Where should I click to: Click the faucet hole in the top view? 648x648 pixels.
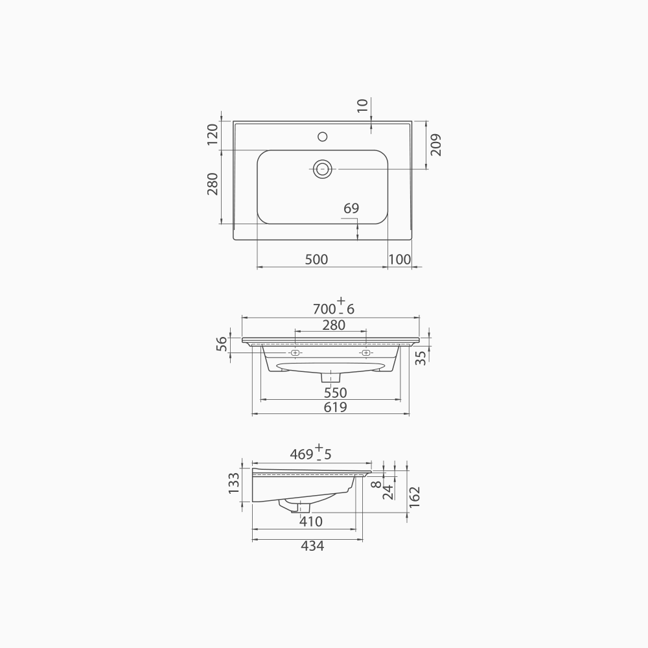tap(322, 137)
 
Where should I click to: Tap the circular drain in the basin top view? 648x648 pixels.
tap(323, 168)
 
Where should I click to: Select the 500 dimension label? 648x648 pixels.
tap(316, 259)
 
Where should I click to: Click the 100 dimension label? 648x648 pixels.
tap(400, 259)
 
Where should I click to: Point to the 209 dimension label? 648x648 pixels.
tap(435, 144)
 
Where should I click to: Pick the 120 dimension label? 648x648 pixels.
tap(212, 135)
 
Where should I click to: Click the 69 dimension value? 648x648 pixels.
tap(351, 208)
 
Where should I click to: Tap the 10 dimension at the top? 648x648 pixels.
tap(362, 105)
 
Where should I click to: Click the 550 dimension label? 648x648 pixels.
tap(336, 393)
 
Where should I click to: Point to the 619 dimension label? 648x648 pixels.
tap(336, 408)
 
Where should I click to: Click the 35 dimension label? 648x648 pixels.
tap(421, 358)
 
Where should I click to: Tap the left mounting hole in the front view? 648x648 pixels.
tap(295, 353)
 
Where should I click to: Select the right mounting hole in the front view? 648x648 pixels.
tap(366, 353)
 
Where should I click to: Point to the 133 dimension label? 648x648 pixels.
tap(235, 483)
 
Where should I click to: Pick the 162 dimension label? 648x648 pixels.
tap(415, 498)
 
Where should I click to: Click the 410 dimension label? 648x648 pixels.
tap(311, 521)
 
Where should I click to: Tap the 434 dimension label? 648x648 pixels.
tap(312, 546)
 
